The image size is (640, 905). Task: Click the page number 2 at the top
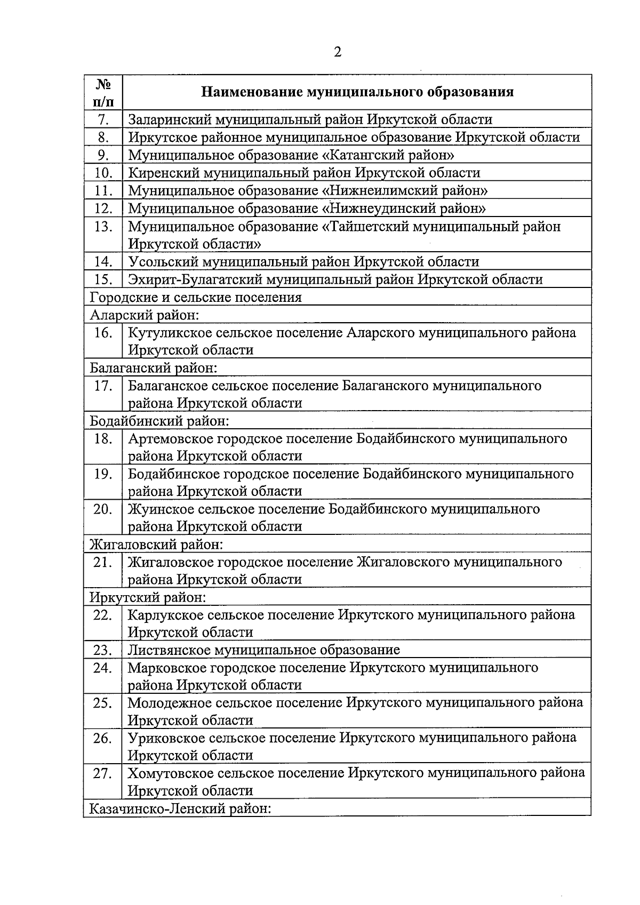tap(337, 52)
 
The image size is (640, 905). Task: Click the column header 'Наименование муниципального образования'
tap(357, 92)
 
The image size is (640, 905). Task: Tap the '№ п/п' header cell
tap(103, 92)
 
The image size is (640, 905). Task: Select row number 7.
tap(103, 119)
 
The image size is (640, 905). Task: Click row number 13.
tap(103, 227)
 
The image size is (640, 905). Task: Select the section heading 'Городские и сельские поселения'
tap(196, 297)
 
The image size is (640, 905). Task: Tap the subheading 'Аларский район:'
tap(145, 315)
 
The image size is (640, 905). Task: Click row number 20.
tap(103, 509)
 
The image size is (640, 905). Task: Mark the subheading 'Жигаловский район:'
tap(156, 544)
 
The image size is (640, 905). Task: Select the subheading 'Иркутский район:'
tap(148, 597)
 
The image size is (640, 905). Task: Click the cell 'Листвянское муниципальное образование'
tap(263, 650)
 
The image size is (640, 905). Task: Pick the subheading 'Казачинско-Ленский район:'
tap(181, 808)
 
